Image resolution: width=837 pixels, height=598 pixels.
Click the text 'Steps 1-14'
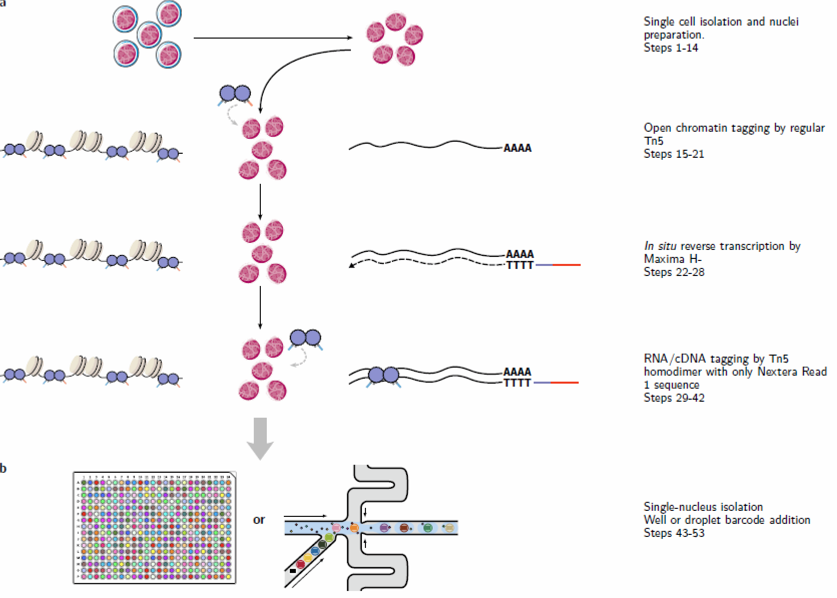670,48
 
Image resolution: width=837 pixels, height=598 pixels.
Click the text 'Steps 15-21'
673,154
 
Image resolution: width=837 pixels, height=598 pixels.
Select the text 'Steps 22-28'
673,272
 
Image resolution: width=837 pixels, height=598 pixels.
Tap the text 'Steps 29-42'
673,398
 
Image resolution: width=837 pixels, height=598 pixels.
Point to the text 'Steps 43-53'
673,533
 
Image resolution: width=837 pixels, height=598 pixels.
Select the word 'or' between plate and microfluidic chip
259,520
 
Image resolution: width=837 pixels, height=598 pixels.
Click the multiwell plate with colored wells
155,528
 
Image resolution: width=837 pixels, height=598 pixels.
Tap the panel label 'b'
4,468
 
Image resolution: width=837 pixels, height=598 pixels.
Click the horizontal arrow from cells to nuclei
273,38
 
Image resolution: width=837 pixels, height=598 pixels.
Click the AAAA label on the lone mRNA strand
517,148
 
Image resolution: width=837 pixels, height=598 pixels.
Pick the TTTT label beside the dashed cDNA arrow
520,265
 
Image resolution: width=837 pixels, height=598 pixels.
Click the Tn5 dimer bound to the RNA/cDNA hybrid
383,375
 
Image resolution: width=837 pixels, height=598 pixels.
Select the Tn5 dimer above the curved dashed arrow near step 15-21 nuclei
235,94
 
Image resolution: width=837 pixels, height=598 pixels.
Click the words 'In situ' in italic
660,246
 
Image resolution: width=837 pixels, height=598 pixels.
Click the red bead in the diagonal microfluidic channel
300,564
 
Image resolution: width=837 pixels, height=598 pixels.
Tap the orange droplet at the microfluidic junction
354,527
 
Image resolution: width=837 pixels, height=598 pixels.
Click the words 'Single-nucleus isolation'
703,507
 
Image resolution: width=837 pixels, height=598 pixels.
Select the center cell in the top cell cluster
149,35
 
